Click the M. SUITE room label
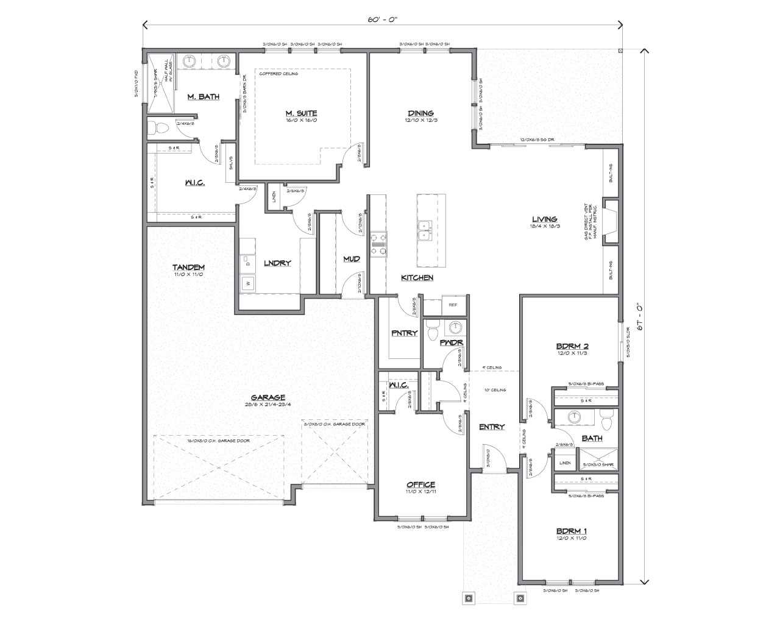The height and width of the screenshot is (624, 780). click(301, 113)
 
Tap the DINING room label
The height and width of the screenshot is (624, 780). click(420, 113)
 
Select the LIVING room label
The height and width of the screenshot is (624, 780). click(544, 219)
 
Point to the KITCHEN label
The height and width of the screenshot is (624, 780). click(417, 278)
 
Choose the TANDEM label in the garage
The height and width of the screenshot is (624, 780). click(188, 267)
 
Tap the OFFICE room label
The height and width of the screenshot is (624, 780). click(420, 484)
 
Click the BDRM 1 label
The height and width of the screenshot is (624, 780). click(571, 531)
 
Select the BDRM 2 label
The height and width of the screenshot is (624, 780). click(571, 346)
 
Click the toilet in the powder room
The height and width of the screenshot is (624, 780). click(432, 332)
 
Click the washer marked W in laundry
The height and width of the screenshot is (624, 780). click(248, 283)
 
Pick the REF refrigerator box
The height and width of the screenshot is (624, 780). click(453, 305)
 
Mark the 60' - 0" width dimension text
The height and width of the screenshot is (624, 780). click(383, 19)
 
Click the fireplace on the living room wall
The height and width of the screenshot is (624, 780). click(609, 222)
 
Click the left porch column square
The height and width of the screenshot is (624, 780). click(469, 598)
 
